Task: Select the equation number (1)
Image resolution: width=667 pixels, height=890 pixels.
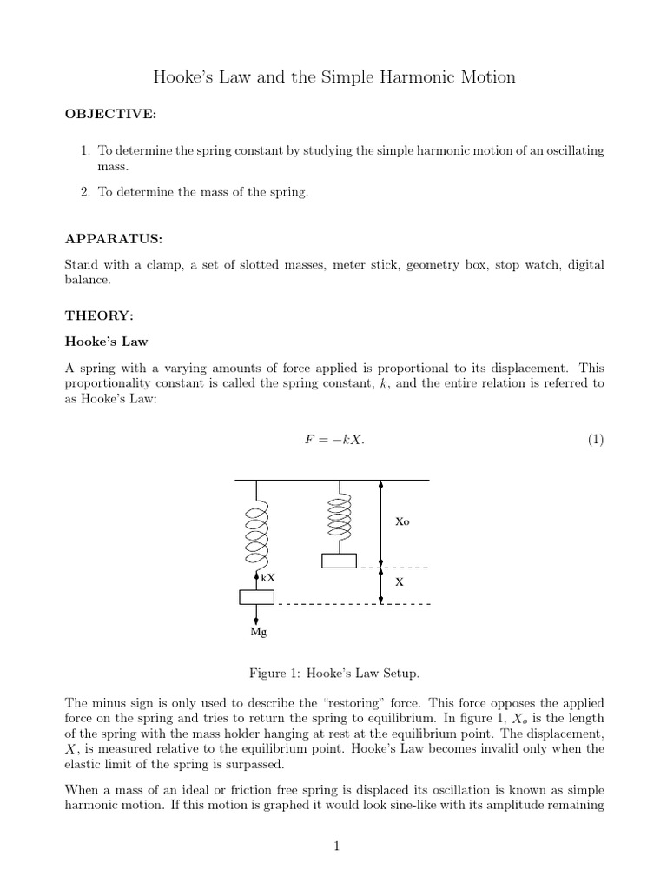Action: [x=595, y=440]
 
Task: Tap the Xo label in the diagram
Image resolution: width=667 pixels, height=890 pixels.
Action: [x=402, y=522]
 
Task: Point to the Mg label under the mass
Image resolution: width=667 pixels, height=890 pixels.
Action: [x=259, y=633]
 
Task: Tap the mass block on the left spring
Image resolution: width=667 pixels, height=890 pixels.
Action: [x=256, y=596]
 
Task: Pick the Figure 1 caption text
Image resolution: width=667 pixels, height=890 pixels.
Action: [x=334, y=674]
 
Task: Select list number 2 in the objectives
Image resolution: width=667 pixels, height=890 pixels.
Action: [x=85, y=192]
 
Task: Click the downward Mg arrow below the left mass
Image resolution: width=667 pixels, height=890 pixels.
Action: [x=256, y=614]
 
